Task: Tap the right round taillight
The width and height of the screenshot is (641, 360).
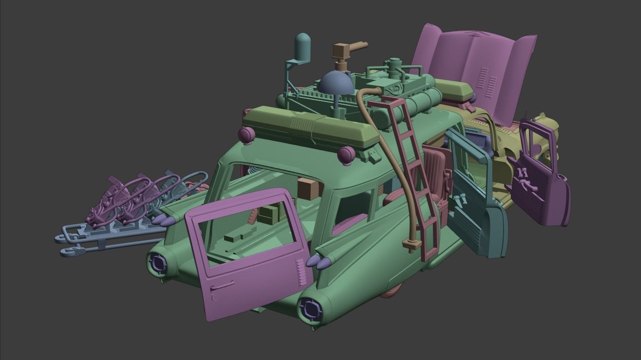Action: [311, 309]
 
